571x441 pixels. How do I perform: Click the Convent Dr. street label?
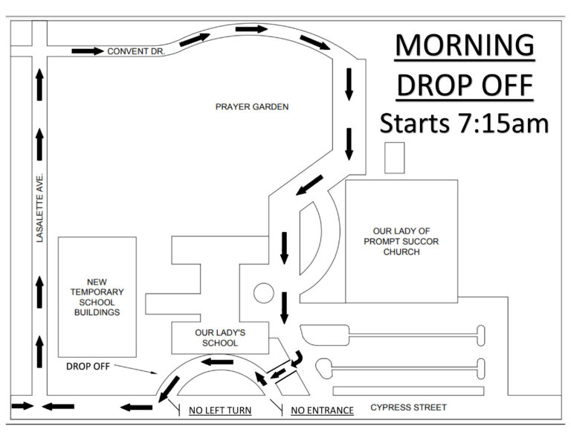click(x=136, y=51)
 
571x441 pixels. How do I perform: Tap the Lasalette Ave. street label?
click(x=39, y=207)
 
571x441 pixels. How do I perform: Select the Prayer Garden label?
click(x=252, y=106)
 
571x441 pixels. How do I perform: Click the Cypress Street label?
click(x=409, y=407)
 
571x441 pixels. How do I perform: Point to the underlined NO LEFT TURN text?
click(x=220, y=411)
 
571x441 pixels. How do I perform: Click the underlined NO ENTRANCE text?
click(x=322, y=411)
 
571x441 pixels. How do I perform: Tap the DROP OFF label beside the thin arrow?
click(x=88, y=367)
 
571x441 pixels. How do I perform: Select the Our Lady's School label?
click(x=220, y=338)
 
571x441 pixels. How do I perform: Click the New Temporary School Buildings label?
click(x=97, y=297)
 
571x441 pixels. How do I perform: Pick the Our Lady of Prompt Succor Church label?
click(x=401, y=242)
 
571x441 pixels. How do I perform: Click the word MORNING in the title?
click(x=465, y=45)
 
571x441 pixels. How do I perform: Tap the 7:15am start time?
click(x=502, y=123)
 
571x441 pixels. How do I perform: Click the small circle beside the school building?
click(x=264, y=293)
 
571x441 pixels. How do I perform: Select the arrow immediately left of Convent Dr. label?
click(x=88, y=51)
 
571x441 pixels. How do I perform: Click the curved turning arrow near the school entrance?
click(x=297, y=358)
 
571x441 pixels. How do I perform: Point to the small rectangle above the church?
click(x=395, y=158)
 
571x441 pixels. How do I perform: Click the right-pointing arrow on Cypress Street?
click(x=22, y=406)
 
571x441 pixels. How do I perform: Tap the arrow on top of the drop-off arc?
click(x=217, y=362)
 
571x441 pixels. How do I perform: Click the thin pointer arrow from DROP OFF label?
click(x=135, y=369)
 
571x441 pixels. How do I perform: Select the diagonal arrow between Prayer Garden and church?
click(x=309, y=185)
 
